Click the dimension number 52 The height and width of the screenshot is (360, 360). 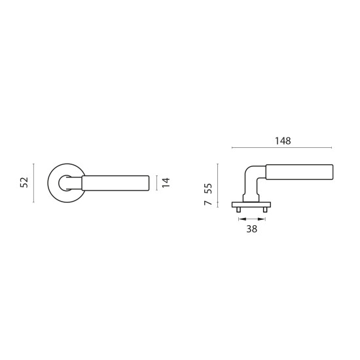point(24,183)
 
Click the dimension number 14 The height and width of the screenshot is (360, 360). point(166,183)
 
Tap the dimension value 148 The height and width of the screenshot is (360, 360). point(283,141)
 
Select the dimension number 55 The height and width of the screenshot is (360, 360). point(208,189)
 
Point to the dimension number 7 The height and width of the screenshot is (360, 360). point(208,203)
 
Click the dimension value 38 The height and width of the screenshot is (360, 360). point(251,229)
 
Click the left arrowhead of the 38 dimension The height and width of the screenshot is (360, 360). point(242,219)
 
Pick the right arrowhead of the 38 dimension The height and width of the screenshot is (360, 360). point(262,219)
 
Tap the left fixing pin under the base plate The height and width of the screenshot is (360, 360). point(238,209)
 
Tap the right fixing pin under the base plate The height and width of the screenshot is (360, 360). point(265,209)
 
